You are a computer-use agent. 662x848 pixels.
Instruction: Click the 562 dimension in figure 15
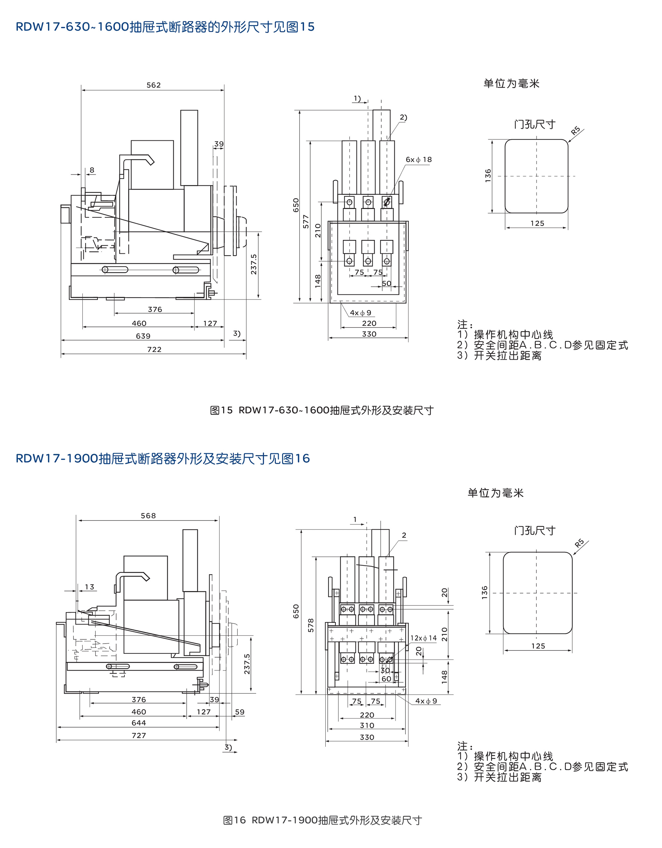(x=154, y=85)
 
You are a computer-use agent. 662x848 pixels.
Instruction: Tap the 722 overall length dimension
(x=154, y=349)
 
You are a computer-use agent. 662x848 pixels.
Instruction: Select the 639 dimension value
(x=143, y=336)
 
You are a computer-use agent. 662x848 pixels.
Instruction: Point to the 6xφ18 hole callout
(x=418, y=159)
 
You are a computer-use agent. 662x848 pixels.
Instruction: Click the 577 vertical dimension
(x=306, y=221)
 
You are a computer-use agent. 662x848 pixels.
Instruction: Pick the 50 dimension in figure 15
(x=386, y=284)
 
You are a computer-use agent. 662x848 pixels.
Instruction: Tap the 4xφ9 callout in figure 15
(x=360, y=313)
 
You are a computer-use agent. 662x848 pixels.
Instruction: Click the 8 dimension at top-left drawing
(x=92, y=170)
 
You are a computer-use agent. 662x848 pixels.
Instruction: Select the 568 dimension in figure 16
(x=148, y=515)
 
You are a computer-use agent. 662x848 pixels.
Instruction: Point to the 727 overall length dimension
(x=139, y=736)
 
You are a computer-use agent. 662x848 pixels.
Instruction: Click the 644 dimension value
(x=139, y=723)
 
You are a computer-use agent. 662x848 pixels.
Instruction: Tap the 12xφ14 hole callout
(x=423, y=638)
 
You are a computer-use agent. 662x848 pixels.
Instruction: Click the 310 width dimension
(x=367, y=725)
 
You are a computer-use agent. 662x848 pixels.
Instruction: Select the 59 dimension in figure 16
(x=240, y=712)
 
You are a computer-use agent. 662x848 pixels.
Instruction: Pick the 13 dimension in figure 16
(x=89, y=587)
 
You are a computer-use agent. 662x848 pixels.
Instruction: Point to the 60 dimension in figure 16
(x=386, y=679)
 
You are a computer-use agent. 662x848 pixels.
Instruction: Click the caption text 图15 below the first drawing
(x=221, y=410)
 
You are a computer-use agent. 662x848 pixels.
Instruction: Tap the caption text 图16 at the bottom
(x=234, y=820)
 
